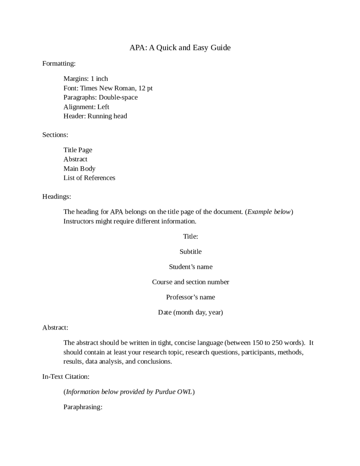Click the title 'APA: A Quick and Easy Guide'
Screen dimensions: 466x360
[x=180, y=48]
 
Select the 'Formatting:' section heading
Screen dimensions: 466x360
[x=59, y=64]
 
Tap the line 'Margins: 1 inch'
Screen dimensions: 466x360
[x=86, y=79]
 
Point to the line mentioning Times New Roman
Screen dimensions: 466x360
[x=108, y=88]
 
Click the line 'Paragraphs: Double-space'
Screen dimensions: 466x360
[x=100, y=98]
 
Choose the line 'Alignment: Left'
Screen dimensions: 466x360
[x=86, y=107]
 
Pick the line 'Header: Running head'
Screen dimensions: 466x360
[x=95, y=116]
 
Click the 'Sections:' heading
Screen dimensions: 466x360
[x=55, y=135]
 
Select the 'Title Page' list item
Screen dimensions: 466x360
[x=78, y=150]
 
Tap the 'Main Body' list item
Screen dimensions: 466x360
[x=79, y=169]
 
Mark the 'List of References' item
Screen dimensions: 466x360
[x=89, y=178]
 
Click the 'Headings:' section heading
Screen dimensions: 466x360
[x=57, y=196]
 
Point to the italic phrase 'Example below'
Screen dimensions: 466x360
[x=269, y=212]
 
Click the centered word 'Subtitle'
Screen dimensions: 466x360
[x=190, y=252]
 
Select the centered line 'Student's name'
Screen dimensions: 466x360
[x=190, y=267]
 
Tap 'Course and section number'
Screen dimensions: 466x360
[x=190, y=282]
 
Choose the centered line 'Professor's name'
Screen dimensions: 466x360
[x=190, y=297]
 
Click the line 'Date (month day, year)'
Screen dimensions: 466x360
[x=190, y=312]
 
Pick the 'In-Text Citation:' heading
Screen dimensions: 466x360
[x=66, y=377]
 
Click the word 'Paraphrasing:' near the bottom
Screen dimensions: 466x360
[x=83, y=407]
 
